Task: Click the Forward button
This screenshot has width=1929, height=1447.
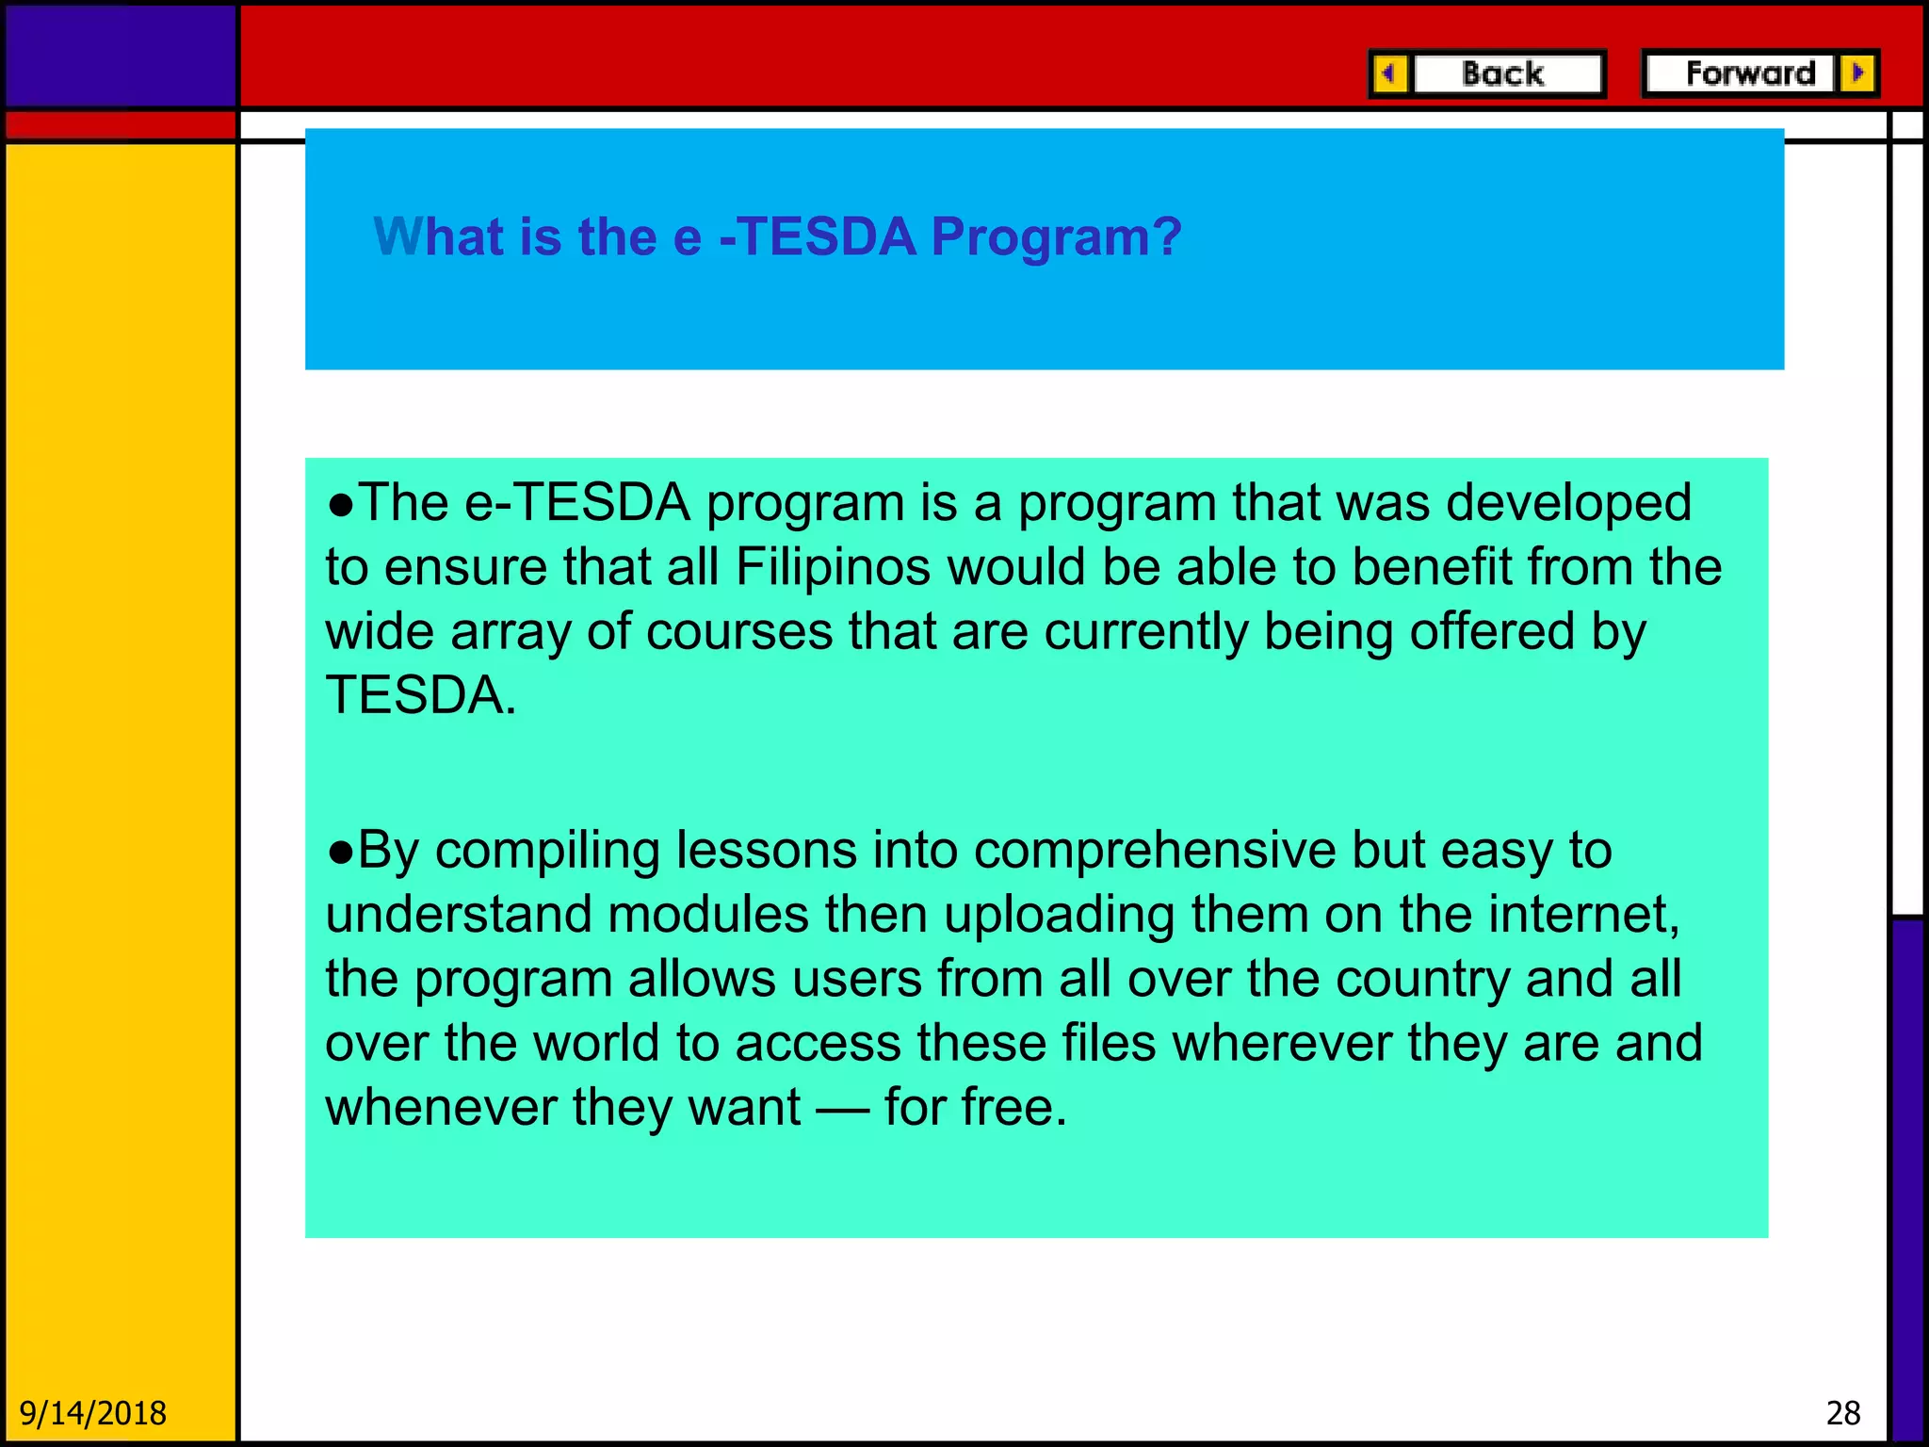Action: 1749,73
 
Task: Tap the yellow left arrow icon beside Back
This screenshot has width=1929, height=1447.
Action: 1389,73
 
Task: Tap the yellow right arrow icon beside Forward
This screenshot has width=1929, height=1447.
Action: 1857,73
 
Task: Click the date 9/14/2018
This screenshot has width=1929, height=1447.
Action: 92,1413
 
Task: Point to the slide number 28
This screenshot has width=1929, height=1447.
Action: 1843,1413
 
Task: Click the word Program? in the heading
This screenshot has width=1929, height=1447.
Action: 1056,236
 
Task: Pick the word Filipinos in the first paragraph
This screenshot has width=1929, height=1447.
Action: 833,567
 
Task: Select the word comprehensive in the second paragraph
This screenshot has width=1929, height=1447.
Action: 1155,851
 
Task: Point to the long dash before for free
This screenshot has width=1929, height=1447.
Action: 842,1109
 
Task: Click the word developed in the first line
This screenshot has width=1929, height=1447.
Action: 1568,503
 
